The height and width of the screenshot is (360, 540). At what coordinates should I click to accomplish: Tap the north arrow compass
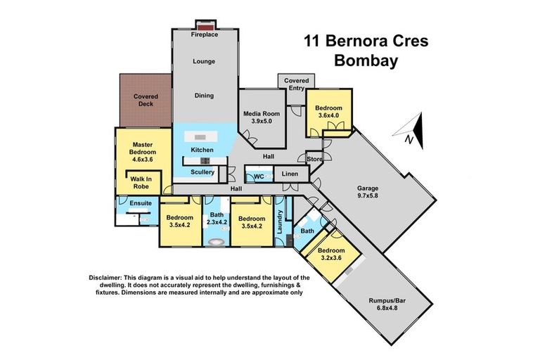[412, 131]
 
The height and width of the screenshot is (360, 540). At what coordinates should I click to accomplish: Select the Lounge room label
[204, 61]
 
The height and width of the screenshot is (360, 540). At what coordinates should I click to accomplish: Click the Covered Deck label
[146, 99]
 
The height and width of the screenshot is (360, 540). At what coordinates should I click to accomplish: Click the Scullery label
[202, 172]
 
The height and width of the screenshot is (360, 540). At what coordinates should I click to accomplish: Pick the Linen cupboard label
[290, 173]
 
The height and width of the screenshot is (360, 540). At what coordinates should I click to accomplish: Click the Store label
[314, 160]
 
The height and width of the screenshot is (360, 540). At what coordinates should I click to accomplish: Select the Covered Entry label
[296, 85]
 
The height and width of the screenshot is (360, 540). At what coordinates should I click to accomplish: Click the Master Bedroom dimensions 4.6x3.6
[144, 160]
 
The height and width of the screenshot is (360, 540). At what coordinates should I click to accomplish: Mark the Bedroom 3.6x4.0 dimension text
[328, 116]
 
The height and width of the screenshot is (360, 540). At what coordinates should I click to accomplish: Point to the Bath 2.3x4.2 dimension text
[215, 222]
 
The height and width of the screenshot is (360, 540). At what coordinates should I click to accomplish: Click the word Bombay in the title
[366, 60]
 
